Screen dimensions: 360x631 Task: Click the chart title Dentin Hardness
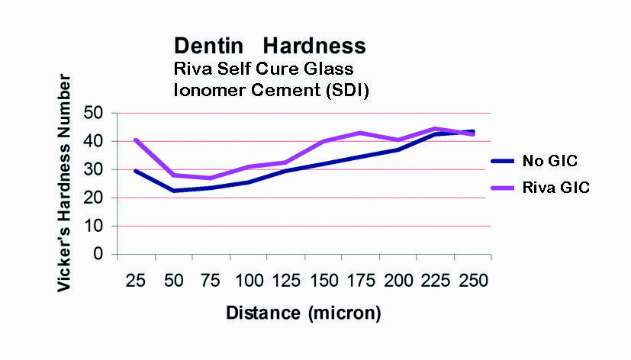pos(269,46)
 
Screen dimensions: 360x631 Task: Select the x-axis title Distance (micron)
pos(303,313)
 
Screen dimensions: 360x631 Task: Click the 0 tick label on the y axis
pos(99,255)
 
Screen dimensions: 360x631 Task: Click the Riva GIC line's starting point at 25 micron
pos(135,140)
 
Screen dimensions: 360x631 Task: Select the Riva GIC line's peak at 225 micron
pos(434,129)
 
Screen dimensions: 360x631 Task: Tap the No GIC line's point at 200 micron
pos(397,149)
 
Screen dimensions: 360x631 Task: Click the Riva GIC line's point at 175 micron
pos(359,133)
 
